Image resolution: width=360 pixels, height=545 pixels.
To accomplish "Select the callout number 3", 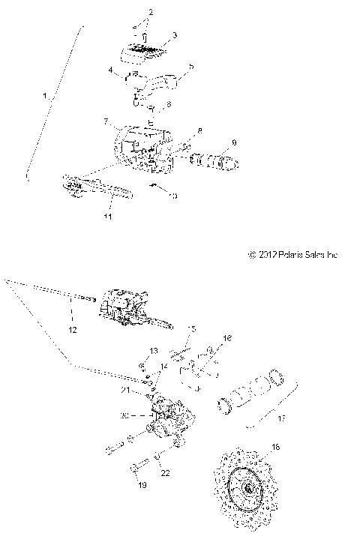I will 174,35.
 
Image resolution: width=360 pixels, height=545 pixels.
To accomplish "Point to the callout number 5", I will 190,67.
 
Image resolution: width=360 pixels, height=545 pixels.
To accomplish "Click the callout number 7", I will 106,121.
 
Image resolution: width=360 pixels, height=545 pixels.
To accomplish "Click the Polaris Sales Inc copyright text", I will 292,255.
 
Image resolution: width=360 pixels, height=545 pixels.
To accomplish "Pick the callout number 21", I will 125,391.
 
